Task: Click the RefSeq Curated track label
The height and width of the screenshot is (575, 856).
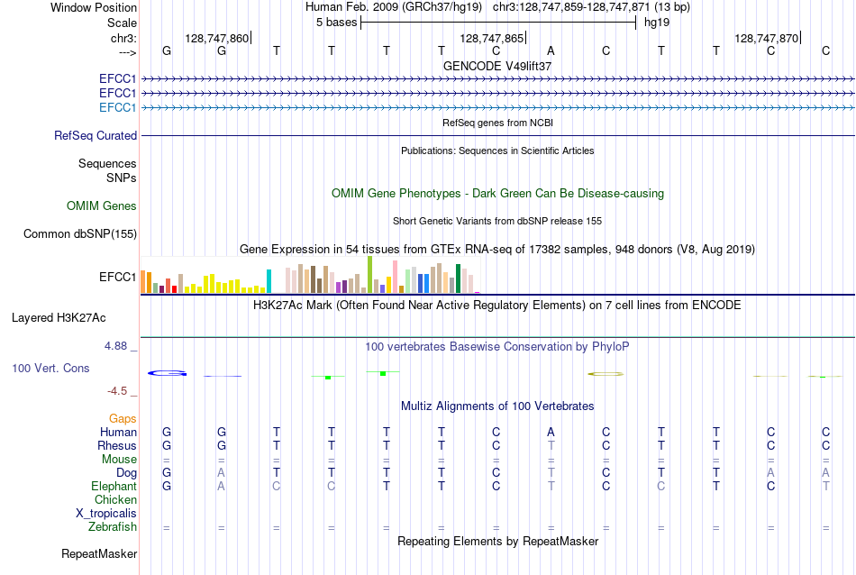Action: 96,135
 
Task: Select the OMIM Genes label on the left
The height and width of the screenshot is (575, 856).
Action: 102,205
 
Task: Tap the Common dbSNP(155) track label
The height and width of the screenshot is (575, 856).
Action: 80,233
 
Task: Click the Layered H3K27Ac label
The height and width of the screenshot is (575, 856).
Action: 59,318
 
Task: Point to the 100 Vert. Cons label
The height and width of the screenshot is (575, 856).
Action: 50,368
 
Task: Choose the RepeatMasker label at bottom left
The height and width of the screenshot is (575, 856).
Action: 99,553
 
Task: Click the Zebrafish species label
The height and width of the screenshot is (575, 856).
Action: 113,527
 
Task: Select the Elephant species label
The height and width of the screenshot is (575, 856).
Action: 114,486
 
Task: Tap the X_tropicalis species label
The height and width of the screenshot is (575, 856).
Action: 106,514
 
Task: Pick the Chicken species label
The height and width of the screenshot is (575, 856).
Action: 115,499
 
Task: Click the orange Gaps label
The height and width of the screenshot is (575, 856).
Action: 123,418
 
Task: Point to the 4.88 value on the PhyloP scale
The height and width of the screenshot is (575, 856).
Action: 115,346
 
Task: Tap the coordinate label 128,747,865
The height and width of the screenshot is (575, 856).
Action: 491,38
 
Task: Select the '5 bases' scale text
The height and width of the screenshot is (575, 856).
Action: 336,23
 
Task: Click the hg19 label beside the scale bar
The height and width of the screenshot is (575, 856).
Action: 657,23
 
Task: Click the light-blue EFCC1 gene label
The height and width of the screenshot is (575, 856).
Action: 117,107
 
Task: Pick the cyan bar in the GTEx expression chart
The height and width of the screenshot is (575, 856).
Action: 269,281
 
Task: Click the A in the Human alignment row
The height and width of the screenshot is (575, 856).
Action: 551,432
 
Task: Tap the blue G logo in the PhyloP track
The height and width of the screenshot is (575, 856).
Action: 167,373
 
